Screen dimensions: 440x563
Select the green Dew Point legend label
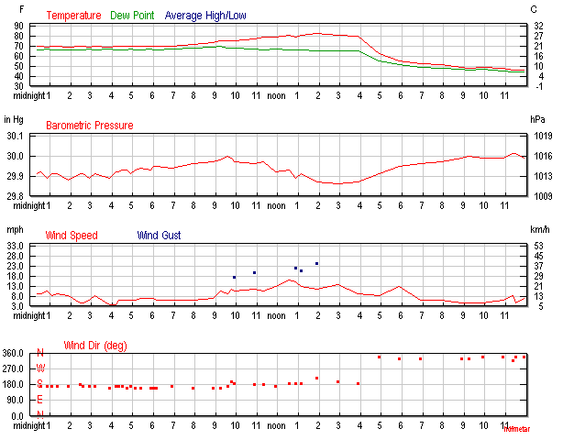pos(133,16)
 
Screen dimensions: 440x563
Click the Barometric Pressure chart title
pos(89,126)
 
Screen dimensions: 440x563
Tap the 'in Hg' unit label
pos(14,119)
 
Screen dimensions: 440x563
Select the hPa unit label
pos(537,119)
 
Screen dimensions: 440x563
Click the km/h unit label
pos(538,229)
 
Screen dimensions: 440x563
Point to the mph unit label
pos(14,229)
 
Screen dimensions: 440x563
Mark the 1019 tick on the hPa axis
pos(540,136)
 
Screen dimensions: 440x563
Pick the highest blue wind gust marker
pos(316,263)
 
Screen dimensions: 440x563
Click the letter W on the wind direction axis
pos(39,368)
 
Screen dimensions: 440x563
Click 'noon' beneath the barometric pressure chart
pos(276,205)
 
